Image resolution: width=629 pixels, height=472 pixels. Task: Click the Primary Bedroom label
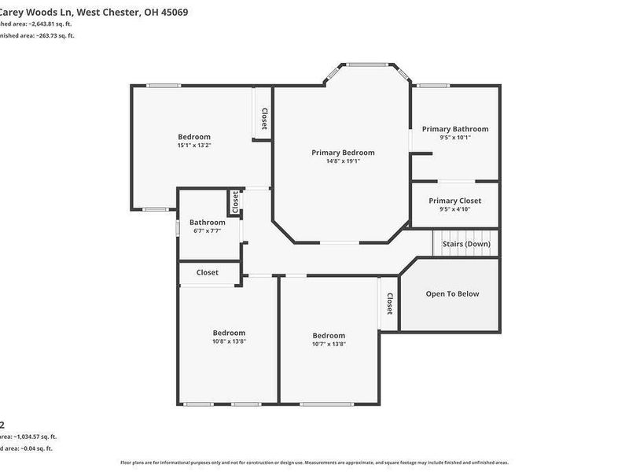coord(343,153)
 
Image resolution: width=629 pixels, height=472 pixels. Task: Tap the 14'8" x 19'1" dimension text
coord(343,161)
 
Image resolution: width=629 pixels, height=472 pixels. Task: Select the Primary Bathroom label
coord(454,129)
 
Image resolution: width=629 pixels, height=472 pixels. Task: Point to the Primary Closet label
coord(454,201)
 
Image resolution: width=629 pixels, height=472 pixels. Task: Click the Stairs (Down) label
coord(465,244)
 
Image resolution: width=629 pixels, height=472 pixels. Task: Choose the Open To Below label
coord(452,294)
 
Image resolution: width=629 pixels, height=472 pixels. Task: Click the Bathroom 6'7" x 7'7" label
coord(207,223)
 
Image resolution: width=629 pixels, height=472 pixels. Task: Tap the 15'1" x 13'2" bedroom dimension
coord(194,145)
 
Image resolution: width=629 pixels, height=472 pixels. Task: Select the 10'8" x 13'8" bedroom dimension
coord(229,341)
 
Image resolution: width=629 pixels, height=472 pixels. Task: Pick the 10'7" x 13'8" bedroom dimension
coord(329,344)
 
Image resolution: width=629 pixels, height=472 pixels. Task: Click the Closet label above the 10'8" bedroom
coord(208,273)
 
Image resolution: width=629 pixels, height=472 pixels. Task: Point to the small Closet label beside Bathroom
coord(234,201)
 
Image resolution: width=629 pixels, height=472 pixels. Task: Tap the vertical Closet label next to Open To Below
coord(389,304)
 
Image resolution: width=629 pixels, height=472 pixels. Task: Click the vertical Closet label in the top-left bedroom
coord(264,119)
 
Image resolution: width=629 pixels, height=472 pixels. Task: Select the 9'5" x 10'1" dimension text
coord(454,138)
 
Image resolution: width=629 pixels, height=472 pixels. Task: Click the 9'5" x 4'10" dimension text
coord(454,209)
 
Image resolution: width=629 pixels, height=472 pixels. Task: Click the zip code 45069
coord(173,13)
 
